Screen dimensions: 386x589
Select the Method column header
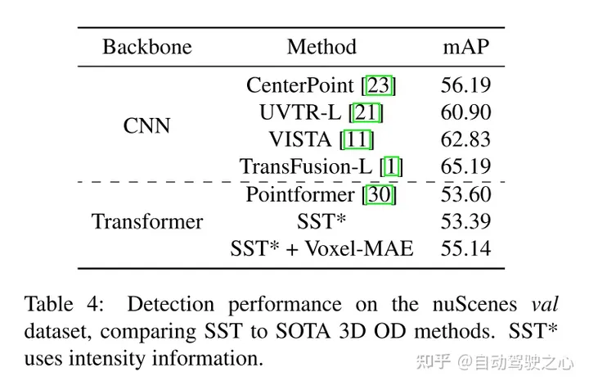321,47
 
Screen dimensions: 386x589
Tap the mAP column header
465,47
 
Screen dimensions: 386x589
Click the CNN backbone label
147,126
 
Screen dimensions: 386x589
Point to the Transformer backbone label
147,221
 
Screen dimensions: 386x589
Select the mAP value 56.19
465,85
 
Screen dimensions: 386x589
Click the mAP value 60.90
465,112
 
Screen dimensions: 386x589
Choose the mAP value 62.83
465,139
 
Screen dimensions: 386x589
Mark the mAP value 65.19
465,167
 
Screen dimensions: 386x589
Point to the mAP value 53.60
465,195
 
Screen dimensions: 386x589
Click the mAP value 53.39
465,221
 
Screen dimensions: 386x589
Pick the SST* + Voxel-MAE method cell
321,248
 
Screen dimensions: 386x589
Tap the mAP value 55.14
465,248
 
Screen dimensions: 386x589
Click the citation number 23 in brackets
379,85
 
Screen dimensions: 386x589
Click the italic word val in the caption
544,306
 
